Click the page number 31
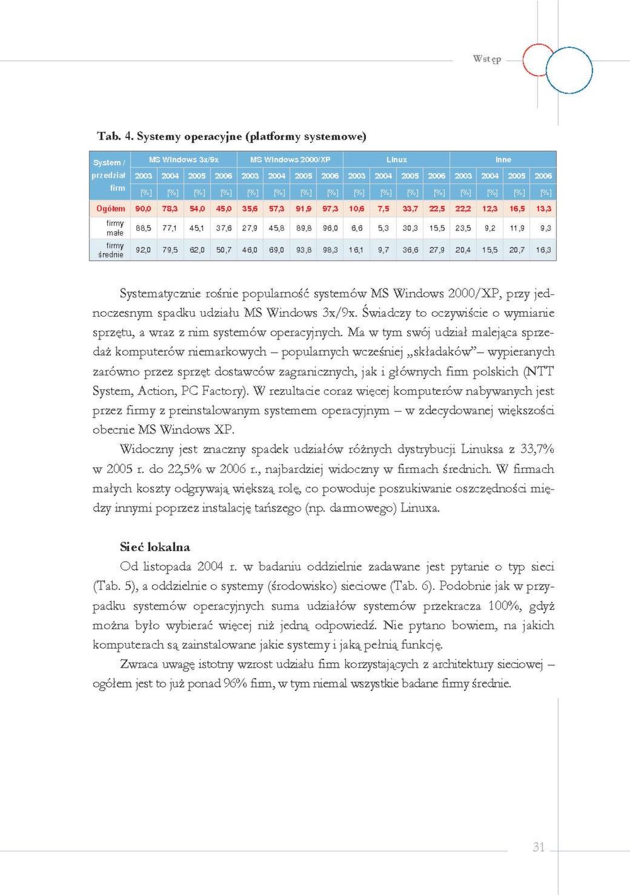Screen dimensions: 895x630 click(538, 847)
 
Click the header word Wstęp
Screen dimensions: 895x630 click(487, 59)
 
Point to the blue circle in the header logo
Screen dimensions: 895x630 click(569, 71)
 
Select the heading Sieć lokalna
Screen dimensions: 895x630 click(155, 547)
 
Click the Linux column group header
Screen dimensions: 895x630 click(396, 159)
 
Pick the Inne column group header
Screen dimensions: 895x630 click(503, 159)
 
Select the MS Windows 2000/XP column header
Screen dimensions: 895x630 click(290, 159)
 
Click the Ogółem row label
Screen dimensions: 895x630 click(110, 208)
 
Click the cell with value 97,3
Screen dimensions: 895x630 click(330, 208)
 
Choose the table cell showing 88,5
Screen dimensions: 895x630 click(143, 228)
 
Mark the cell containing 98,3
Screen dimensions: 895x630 click(330, 250)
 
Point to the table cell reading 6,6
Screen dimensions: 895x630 click(357, 228)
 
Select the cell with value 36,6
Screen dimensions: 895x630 click(410, 250)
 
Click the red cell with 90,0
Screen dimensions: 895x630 click(143, 208)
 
